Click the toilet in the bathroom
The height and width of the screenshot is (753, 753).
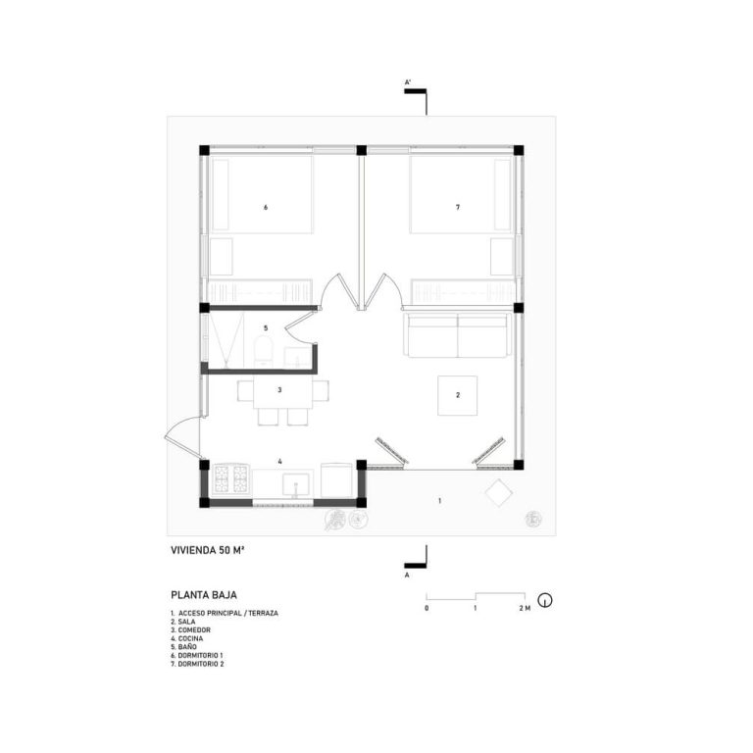(263, 351)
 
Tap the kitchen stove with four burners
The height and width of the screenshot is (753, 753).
(231, 478)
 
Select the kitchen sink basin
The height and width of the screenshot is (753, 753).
(296, 484)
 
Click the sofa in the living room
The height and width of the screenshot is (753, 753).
(458, 335)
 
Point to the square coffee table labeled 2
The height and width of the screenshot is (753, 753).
(457, 395)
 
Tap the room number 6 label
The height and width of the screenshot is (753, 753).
(266, 208)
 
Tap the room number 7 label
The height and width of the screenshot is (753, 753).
(458, 208)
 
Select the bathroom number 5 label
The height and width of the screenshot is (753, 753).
(266, 328)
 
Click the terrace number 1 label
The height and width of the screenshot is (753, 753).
(440, 501)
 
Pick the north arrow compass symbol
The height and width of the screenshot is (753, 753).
(544, 600)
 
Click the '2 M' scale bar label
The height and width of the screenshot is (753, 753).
(525, 609)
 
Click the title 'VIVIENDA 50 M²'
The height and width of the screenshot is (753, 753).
(208, 550)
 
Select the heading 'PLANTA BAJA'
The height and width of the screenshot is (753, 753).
(204, 595)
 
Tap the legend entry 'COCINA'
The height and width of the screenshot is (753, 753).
(187, 638)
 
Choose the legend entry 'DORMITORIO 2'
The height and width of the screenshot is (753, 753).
(197, 664)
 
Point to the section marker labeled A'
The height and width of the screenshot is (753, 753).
(416, 95)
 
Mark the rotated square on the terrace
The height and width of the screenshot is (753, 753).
(498, 492)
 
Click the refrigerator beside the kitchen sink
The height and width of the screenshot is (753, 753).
(336, 480)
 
